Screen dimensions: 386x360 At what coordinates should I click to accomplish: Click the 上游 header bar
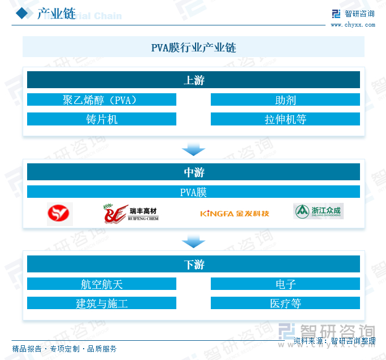pos(193,80)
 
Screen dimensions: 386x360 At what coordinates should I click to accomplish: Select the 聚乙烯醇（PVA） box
pos(102,100)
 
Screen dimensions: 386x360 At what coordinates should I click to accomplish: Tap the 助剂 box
pos(285,100)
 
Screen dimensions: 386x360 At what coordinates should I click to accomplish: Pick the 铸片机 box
pos(102,119)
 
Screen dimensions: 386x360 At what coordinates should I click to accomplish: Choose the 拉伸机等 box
pos(285,119)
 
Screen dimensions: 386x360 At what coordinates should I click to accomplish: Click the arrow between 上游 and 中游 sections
pos(193,149)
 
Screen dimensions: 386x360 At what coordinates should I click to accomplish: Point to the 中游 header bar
pos(193,172)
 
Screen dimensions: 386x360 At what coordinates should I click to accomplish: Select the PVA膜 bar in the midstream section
pos(193,192)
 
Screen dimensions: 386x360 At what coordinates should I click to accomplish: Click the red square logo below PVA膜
pos(60,213)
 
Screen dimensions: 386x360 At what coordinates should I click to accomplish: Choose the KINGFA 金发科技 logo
pos(235,214)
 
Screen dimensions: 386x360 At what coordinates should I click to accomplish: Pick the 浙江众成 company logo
pos(318,211)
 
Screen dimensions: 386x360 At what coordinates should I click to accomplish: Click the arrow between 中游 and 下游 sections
pos(193,241)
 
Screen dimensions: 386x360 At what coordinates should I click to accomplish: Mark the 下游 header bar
pos(193,264)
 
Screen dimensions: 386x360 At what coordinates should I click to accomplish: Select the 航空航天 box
pos(102,284)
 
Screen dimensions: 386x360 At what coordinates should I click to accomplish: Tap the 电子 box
pos(285,284)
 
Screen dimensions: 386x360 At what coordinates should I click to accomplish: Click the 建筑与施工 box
pos(102,303)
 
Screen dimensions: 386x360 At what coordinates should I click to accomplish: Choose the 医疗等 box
pos(285,303)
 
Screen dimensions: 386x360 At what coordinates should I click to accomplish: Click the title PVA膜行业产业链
pos(193,47)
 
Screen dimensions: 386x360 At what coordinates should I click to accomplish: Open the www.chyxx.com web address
pos(352,25)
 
